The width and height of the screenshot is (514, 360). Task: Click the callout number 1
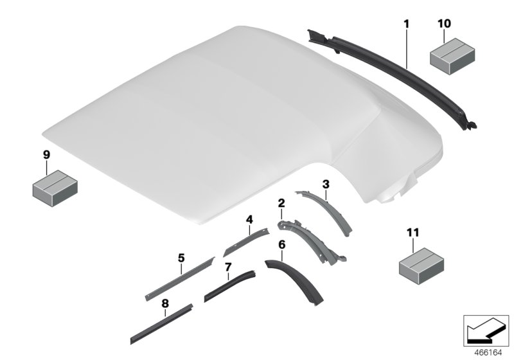pos(406,24)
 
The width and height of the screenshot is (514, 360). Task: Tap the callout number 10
pos(444,24)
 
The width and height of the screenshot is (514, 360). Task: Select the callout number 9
pos(46,154)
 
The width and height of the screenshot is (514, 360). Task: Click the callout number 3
pos(326,184)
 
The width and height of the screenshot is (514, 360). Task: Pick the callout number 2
pos(281,203)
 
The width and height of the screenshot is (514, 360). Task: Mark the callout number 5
pos(181,258)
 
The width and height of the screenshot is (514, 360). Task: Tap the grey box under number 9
pos(54,186)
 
